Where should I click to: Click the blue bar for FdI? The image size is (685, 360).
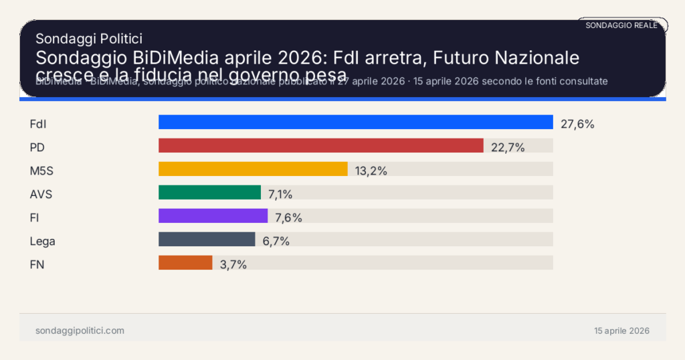pos(355,122)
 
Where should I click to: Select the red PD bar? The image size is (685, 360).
pos(320,146)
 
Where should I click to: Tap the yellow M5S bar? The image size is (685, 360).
pos(253,169)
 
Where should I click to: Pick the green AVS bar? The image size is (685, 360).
pos(209,193)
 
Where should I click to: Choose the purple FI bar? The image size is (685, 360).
pos(213,216)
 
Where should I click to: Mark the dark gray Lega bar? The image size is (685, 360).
pos(207,240)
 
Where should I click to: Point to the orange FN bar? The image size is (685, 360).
pos(185,263)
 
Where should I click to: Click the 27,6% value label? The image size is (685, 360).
pos(577,123)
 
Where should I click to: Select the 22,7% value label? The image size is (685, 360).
pos(508,147)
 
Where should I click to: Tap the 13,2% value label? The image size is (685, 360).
pos(371,171)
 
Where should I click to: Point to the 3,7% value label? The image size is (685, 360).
pos(233,264)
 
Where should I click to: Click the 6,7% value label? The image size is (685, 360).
pos(276,241)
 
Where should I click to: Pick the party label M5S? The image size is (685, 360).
pos(41,171)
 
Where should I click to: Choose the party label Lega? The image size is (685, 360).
pos(43,241)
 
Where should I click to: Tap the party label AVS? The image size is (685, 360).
pos(41,194)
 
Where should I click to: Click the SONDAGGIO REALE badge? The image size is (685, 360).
pos(621,25)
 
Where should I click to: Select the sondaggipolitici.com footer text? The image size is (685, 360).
pos(80,331)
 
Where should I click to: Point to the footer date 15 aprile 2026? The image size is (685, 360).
pos(621,331)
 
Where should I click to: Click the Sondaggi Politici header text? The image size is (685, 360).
pos(88,39)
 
